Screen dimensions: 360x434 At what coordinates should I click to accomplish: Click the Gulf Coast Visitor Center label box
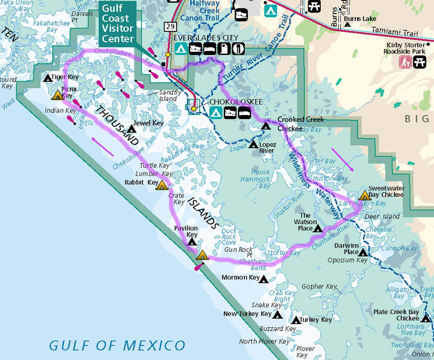(117, 23)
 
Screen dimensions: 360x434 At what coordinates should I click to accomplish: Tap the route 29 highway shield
(170, 27)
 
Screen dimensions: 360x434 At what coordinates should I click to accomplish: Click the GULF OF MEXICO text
(117, 345)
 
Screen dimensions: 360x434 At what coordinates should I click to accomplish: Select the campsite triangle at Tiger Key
(48, 78)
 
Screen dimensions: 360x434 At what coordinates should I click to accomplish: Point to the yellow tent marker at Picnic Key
(57, 95)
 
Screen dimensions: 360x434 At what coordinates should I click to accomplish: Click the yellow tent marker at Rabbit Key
(162, 185)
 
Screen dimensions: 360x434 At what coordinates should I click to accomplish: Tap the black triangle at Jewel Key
(131, 129)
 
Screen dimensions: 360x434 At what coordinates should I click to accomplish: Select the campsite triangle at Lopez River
(254, 145)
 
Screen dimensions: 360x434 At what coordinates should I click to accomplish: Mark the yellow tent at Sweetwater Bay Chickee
(364, 196)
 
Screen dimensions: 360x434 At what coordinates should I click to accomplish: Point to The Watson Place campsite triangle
(318, 228)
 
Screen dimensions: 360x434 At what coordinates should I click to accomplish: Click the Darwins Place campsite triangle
(363, 252)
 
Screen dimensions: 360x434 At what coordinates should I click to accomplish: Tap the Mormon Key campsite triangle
(264, 279)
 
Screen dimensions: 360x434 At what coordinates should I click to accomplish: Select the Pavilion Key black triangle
(192, 242)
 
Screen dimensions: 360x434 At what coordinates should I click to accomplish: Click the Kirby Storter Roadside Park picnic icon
(420, 62)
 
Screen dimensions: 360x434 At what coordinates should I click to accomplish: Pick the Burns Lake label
(360, 19)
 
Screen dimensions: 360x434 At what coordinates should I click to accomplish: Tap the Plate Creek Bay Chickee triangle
(426, 319)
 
